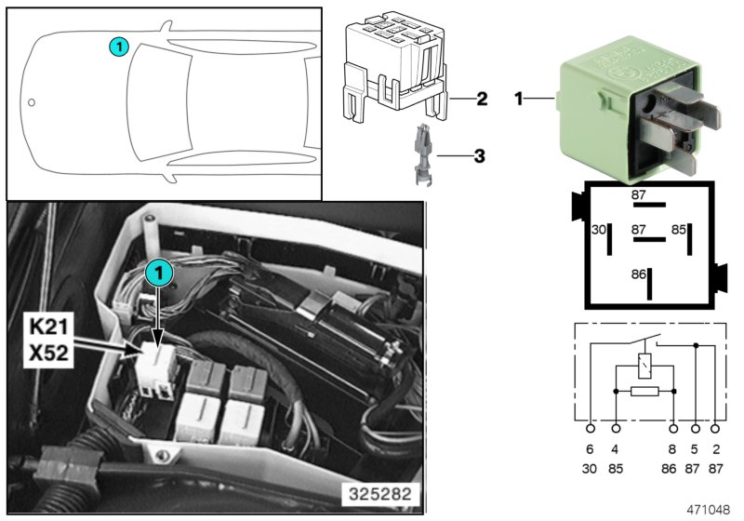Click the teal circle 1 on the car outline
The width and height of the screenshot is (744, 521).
click(116, 45)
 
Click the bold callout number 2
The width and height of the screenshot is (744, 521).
click(481, 98)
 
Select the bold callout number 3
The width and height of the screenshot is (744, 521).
click(480, 156)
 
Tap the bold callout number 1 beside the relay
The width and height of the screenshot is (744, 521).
click(521, 97)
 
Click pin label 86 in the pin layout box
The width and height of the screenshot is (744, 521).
click(639, 274)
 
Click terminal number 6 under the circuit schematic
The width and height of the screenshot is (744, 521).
click(590, 448)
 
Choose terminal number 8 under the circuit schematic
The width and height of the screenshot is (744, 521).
click(673, 448)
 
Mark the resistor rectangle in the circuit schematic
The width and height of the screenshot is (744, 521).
click(644, 391)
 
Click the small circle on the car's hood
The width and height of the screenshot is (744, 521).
click(31, 102)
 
